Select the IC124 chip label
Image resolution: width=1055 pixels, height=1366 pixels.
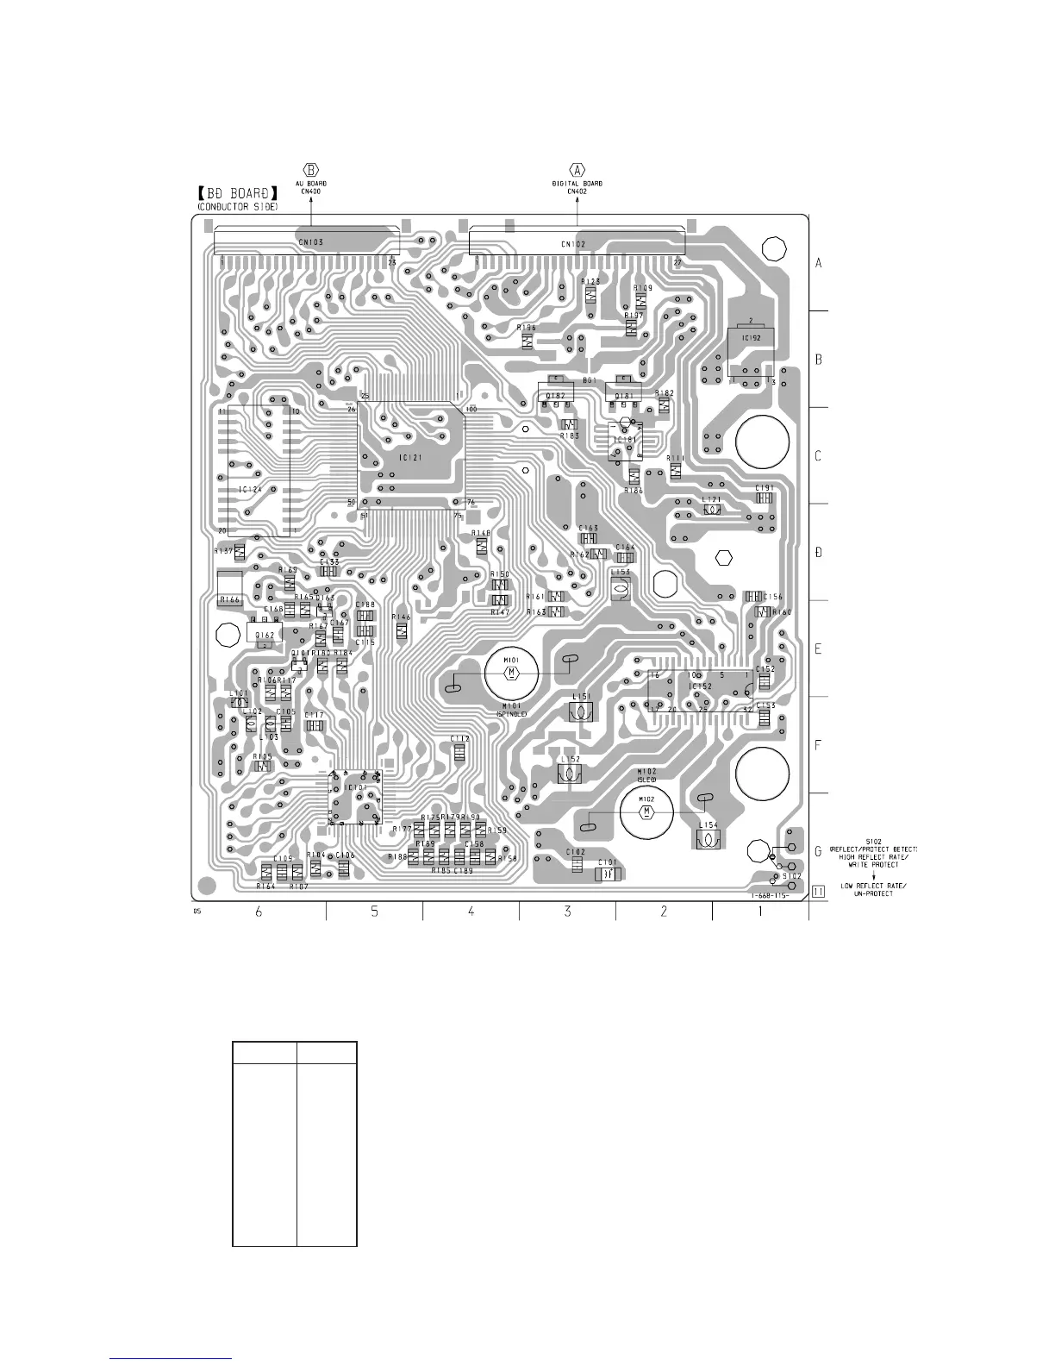pos(250,490)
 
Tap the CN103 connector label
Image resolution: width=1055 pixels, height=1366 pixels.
pos(310,243)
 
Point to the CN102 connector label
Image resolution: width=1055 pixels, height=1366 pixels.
pos(573,245)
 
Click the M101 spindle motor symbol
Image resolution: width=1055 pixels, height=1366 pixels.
pos(511,672)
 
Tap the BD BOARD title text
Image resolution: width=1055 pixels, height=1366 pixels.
pos(238,195)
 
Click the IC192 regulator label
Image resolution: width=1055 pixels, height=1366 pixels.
pos(750,338)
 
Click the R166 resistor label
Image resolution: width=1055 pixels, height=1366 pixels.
pos(229,598)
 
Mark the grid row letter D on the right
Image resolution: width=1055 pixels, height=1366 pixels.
pos(819,552)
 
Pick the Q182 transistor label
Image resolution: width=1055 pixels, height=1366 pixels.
pos(555,396)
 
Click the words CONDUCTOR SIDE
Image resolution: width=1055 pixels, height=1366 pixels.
pos(238,208)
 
